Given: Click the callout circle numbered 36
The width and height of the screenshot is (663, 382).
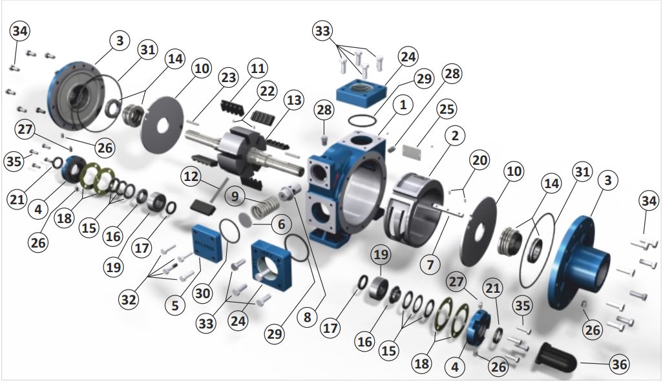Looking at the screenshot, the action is tap(620, 364).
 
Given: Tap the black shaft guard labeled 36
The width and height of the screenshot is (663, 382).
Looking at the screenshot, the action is tap(557, 356).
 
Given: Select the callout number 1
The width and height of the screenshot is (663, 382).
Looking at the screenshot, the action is tap(403, 105).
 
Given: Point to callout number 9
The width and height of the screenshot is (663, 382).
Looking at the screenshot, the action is tap(235, 196).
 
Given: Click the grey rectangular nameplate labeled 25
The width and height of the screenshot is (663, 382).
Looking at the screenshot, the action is tap(412, 152).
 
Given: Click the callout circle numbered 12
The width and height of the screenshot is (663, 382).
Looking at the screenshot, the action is tap(191, 176).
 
